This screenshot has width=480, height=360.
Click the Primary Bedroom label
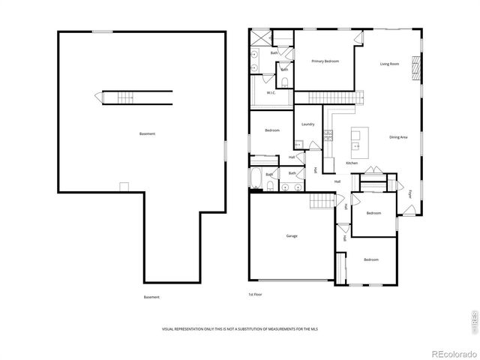pos(320,61)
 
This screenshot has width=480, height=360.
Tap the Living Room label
pos(388,64)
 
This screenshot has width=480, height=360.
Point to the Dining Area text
pos(398,137)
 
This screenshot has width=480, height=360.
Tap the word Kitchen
pos(352,163)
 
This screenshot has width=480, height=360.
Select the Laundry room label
pos(307,124)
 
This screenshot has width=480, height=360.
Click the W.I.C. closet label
pos(270,92)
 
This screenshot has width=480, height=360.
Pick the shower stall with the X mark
pos(259,37)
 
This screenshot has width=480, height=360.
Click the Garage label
pos(291,236)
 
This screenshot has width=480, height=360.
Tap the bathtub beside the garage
pos(256,180)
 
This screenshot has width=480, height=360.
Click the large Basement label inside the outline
pos(148,133)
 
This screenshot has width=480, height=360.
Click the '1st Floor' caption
pos(256,295)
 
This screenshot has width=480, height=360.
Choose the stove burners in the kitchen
pos(328,134)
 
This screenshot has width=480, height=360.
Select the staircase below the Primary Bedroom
pos(328,97)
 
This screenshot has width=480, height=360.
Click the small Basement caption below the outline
pos(151,297)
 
